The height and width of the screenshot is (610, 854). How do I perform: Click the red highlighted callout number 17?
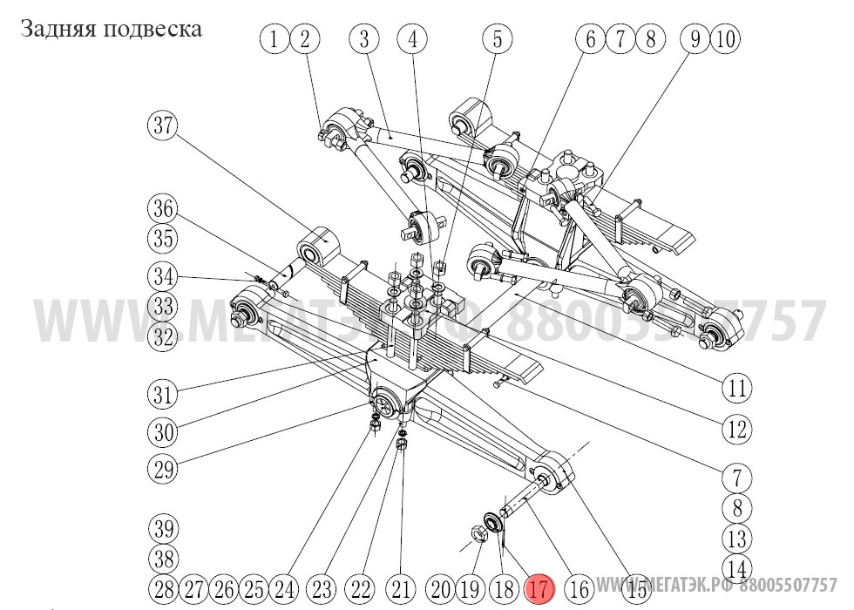tap(540, 590)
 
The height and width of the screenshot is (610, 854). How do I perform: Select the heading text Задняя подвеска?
tap(111, 29)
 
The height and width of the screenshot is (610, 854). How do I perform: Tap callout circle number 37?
tap(161, 125)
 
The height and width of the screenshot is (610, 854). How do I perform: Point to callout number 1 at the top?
tap(274, 38)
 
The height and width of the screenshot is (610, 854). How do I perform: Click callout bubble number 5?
tap(497, 38)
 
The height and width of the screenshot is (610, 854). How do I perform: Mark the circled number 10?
tap(725, 38)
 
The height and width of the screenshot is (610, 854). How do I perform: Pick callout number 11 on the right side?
tap(737, 388)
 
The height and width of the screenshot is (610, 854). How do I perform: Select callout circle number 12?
tap(737, 430)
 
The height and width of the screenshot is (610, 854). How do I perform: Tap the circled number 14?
tap(737, 567)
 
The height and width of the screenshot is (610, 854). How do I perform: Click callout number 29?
tap(161, 470)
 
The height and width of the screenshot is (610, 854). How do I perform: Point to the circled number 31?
tap(161, 394)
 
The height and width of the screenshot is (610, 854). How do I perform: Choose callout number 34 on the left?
tap(161, 278)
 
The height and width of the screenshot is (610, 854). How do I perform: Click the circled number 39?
tap(161, 529)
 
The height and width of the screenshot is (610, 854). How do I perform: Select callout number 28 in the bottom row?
tap(162, 590)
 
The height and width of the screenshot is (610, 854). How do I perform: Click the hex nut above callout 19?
tap(478, 533)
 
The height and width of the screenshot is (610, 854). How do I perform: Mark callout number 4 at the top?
tap(413, 38)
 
